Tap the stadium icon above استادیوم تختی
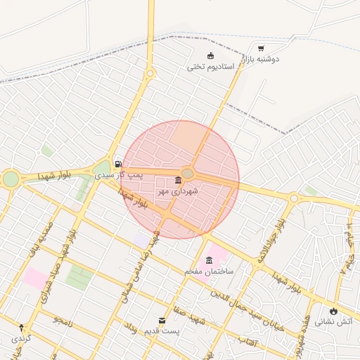(x=210, y=56)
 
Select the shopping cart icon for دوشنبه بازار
(x=261, y=49)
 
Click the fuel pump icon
(x=117, y=164)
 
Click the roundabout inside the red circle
(x=188, y=174)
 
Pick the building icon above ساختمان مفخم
(x=209, y=260)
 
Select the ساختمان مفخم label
(x=209, y=271)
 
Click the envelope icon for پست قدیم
(x=163, y=321)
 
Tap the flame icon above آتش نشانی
(x=333, y=311)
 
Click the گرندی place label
(x=21, y=338)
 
